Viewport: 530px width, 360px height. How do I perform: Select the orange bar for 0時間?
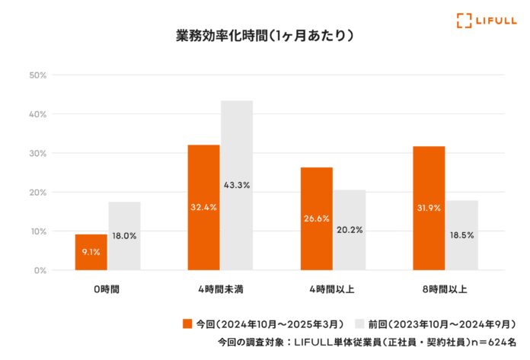[91, 252]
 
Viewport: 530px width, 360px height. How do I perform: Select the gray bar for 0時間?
[124, 236]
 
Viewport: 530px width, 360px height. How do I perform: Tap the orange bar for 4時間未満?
[203, 207]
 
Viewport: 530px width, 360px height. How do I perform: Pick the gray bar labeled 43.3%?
[237, 185]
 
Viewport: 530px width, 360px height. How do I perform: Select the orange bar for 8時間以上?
[429, 208]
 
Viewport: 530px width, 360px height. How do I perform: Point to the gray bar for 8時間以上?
[462, 235]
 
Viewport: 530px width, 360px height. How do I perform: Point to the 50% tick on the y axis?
[38, 75]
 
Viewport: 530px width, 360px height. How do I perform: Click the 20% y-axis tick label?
[38, 192]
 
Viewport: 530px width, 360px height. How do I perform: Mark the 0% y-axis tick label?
[40, 270]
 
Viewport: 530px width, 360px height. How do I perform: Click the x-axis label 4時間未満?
[221, 290]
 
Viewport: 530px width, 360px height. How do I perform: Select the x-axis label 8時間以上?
[445, 290]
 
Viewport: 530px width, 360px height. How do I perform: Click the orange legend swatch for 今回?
[187, 324]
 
